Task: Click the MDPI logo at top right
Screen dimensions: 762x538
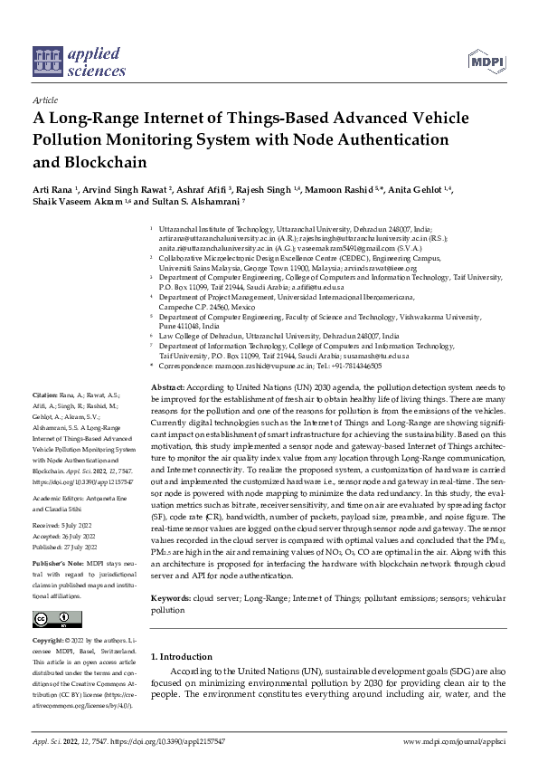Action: click(486, 60)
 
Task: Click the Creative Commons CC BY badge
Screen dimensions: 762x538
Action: click(52, 619)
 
